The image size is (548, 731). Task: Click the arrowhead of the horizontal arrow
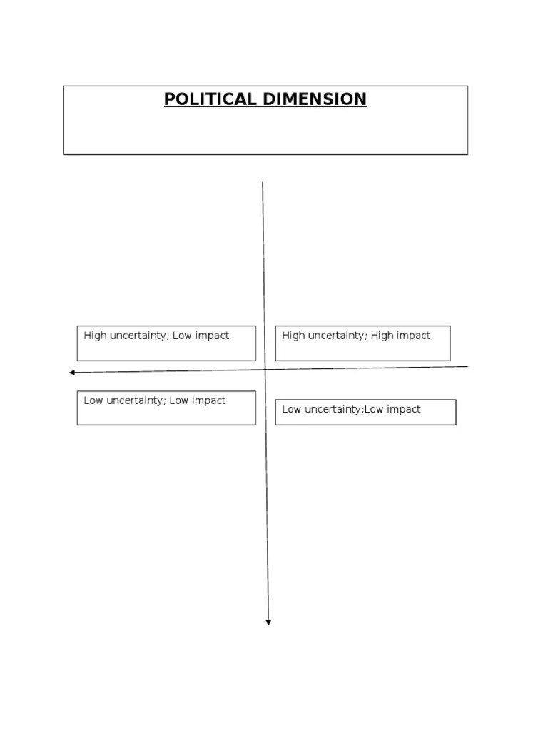click(x=72, y=373)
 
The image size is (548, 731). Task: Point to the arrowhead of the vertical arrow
click(x=268, y=622)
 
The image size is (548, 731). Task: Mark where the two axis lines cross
click(x=265, y=370)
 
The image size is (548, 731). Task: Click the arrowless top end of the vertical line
click(x=263, y=183)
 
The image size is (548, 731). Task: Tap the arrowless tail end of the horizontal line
click(x=467, y=367)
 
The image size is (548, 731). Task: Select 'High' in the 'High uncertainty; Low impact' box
click(x=94, y=336)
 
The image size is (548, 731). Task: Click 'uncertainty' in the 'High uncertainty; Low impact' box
click(x=138, y=336)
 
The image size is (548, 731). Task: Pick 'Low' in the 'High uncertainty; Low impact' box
click(x=183, y=336)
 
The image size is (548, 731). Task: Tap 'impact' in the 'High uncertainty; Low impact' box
click(x=213, y=336)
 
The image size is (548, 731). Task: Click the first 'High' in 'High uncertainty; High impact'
click(x=293, y=336)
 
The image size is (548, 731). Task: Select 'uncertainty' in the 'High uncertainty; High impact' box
click(x=336, y=336)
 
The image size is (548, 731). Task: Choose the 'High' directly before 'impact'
click(x=382, y=336)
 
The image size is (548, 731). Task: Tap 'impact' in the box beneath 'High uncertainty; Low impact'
click(x=209, y=401)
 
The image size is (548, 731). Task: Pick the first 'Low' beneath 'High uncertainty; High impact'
click(x=291, y=409)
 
